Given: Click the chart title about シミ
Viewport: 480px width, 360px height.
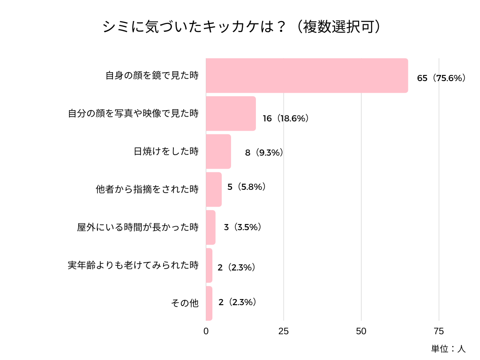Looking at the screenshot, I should point(240,27).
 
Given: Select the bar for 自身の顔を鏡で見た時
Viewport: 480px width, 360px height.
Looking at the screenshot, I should point(307,75).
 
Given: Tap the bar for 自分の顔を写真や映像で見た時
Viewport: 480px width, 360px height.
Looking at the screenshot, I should point(231,113).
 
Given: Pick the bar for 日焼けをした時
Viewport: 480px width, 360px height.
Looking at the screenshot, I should point(218,151).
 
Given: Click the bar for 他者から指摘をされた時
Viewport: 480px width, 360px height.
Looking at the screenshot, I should point(214,189).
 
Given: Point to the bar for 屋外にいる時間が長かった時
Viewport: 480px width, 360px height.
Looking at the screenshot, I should point(211,227).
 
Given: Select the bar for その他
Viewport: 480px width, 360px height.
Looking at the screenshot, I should point(210,303).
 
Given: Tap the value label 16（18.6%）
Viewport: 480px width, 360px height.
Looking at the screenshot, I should point(285,119).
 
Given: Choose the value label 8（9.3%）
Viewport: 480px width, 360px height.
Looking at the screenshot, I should point(264,152).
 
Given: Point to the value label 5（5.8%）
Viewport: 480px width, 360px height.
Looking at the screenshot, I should point(247,187).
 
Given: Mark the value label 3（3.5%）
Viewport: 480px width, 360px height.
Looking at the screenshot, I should point(242,227).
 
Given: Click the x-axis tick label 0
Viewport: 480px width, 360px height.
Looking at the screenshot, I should point(206,331).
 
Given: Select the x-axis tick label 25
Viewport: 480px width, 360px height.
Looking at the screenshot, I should point(284,331).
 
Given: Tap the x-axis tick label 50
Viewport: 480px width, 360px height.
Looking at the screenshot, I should point(361,331).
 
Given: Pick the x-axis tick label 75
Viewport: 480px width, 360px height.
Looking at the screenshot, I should point(439,331).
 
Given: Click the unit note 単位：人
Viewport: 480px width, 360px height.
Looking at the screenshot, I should point(448,349).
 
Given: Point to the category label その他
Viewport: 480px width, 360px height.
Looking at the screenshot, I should point(185,303).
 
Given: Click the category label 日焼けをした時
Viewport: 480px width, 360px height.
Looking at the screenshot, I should point(166,151).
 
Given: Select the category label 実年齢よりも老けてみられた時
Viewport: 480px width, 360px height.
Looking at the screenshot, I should point(133,265).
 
